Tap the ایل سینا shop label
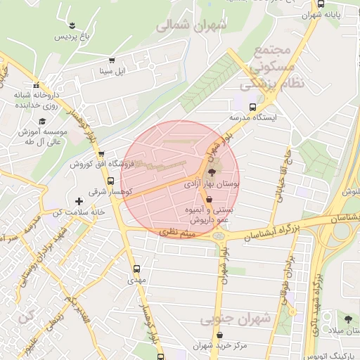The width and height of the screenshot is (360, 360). click(x=111, y=71)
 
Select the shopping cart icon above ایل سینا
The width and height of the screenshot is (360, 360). click(x=111, y=60)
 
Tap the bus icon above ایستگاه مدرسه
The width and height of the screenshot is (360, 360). click(x=252, y=108)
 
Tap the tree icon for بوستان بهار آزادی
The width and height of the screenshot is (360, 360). click(x=212, y=171)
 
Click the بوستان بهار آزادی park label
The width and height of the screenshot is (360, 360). click(x=212, y=182)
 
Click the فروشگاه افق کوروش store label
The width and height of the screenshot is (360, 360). click(x=98, y=164)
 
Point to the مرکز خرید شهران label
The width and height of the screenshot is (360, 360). click(x=219, y=346)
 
